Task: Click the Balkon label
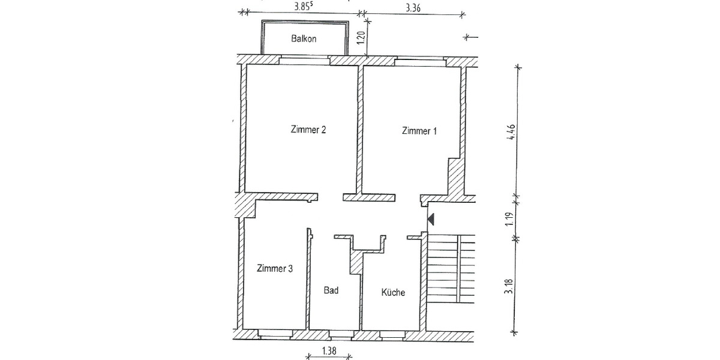[304, 39]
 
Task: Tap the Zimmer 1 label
[419, 131]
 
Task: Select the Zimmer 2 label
[308, 129]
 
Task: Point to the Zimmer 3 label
[274, 269]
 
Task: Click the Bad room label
[331, 290]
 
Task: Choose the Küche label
[394, 293]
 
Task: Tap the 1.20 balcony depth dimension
[360, 37]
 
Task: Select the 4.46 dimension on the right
[511, 131]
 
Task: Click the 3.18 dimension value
[510, 286]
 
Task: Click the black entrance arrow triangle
[430, 220]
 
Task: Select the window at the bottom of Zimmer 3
[275, 331]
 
